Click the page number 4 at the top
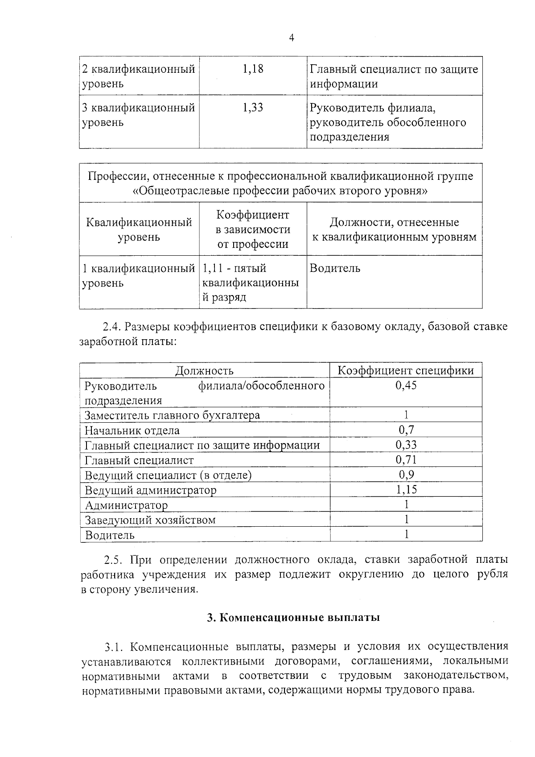click(292, 38)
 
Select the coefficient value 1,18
click(253, 69)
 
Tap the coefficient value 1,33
click(253, 108)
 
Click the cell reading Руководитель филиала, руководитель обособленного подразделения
click(388, 122)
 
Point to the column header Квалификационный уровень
click(139, 229)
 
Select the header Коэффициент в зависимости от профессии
click(253, 229)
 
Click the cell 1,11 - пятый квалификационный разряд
click(251, 282)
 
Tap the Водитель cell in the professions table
click(335, 268)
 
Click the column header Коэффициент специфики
click(406, 370)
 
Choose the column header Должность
click(205, 370)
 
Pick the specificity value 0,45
click(406, 385)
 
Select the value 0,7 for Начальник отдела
click(406, 430)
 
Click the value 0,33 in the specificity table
click(406, 445)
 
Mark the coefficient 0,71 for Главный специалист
click(406, 459)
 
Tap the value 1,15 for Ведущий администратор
click(406, 489)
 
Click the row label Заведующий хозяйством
click(150, 520)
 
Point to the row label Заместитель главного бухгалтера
click(173, 415)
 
